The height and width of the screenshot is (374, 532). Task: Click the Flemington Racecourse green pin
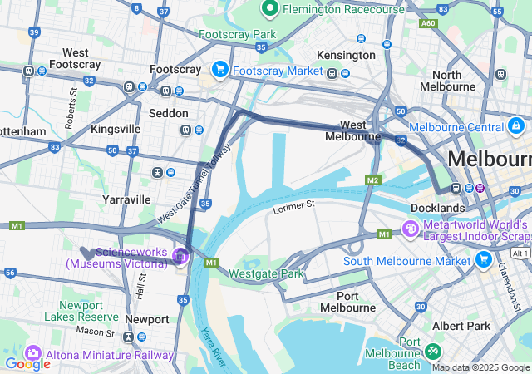click(x=269, y=9)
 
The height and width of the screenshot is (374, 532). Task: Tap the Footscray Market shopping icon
click(x=221, y=70)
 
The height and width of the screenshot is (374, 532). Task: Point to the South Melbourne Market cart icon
click(x=484, y=260)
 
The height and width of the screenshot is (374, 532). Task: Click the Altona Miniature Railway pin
click(x=34, y=354)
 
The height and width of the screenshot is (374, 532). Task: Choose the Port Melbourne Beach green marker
click(x=433, y=351)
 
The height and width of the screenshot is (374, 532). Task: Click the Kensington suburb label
click(x=347, y=55)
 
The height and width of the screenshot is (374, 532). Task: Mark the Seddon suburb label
click(x=168, y=113)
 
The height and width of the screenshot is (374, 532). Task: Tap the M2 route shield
click(x=372, y=180)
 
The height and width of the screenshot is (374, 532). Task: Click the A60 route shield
click(x=428, y=24)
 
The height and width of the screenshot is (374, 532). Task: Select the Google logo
click(x=27, y=363)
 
